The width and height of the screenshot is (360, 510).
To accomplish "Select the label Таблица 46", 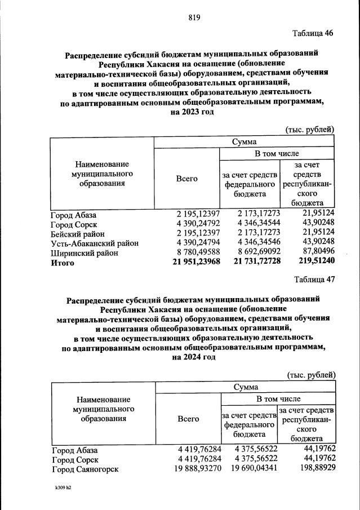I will (313, 33).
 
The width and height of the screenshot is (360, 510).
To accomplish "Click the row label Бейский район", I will (77, 234).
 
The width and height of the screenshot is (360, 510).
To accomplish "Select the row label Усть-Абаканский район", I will (95, 243).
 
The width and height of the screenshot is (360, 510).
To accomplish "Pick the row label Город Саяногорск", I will (85, 469).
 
